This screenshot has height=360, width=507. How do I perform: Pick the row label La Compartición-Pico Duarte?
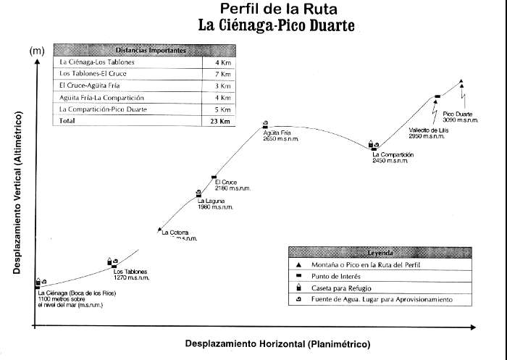(104, 109)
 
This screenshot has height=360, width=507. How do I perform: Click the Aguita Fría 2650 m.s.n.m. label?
(277, 136)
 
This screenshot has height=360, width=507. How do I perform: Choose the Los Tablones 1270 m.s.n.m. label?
(130, 275)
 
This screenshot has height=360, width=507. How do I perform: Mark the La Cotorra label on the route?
(176, 233)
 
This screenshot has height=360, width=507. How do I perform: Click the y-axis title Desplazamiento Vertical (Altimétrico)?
(15, 193)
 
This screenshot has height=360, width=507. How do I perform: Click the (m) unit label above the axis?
(36, 51)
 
